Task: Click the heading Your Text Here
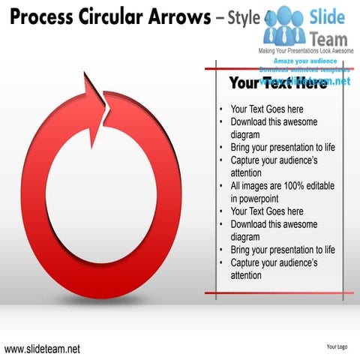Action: click(277, 83)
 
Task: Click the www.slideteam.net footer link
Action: click(42, 349)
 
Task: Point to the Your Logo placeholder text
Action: click(336, 347)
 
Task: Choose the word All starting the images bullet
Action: click(236, 186)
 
